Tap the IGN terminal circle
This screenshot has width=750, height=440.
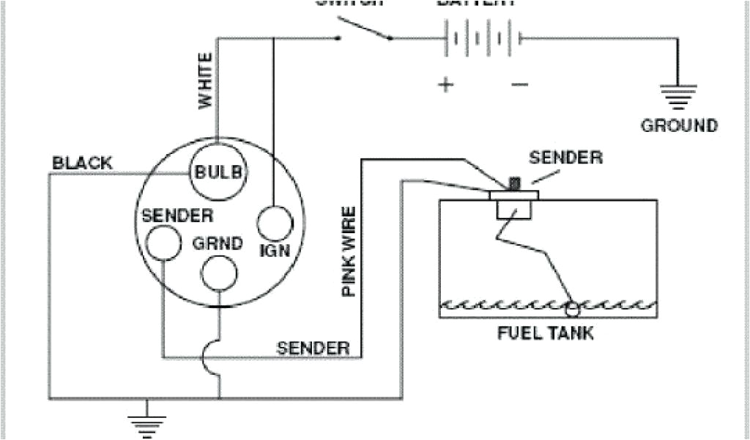[x=275, y=223]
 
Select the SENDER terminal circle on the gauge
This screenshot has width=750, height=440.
[x=162, y=242]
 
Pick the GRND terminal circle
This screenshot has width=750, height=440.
[x=219, y=273]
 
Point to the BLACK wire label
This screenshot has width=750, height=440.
[x=82, y=163]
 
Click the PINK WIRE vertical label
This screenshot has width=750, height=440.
[x=349, y=252]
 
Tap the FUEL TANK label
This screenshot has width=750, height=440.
[x=546, y=334]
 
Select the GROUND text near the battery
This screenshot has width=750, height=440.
[x=679, y=125]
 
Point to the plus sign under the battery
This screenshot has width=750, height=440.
[x=445, y=84]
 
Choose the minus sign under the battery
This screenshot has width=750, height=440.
[x=519, y=84]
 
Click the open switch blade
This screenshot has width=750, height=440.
[x=363, y=29]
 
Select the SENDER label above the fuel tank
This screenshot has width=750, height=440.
[x=565, y=157]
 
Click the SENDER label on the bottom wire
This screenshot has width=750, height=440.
[x=313, y=348]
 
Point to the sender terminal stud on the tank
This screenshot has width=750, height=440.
[x=513, y=183]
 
